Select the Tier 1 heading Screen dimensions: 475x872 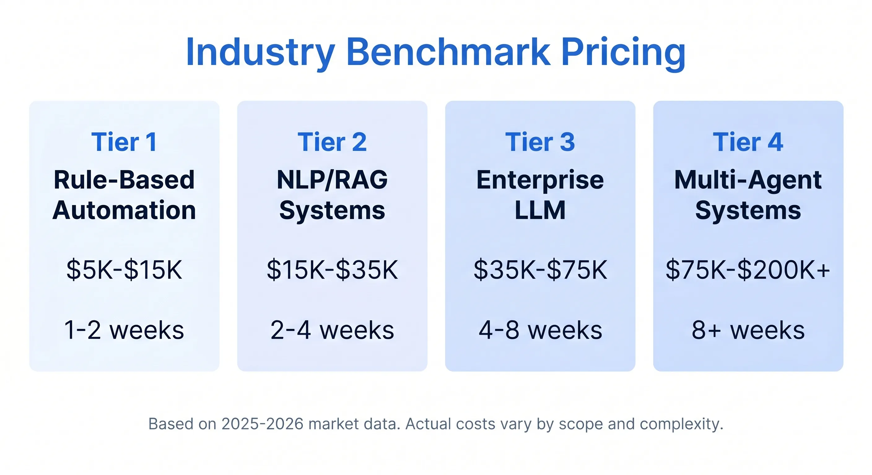[x=124, y=142]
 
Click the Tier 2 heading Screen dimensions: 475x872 [x=332, y=142]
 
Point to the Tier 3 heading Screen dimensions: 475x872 [x=540, y=142]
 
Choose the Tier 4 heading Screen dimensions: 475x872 [x=748, y=142]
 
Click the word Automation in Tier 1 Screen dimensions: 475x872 [x=124, y=210]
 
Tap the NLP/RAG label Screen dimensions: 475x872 [x=332, y=180]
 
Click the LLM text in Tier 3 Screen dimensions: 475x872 [x=540, y=210]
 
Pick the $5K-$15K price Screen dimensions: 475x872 [x=124, y=270]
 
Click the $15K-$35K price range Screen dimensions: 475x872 [x=332, y=270]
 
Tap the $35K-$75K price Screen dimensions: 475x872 [x=540, y=270]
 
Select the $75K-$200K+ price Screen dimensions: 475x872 [x=748, y=270]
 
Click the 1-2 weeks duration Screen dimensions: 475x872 [x=124, y=330]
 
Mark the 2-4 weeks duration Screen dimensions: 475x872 [x=332, y=330]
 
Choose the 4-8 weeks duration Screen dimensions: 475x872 [x=540, y=330]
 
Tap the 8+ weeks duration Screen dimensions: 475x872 [x=748, y=330]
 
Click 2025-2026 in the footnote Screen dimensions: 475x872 [x=262, y=424]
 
